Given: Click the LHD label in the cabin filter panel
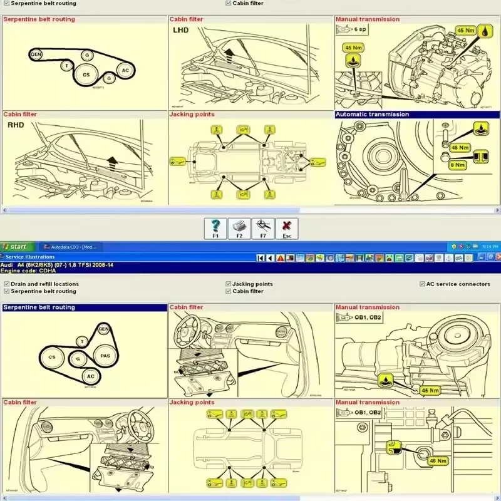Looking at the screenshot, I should (x=181, y=29).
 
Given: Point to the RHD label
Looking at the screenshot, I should (x=15, y=125).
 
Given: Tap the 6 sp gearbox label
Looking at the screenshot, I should (x=361, y=29).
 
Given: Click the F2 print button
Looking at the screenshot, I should (x=239, y=229).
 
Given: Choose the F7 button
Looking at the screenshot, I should (x=262, y=229).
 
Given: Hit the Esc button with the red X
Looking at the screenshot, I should (x=287, y=229).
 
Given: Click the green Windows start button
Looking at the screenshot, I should (x=14, y=247).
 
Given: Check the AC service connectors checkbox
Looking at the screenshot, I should (x=422, y=284).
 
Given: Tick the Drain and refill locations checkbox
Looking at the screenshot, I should (x=6, y=284).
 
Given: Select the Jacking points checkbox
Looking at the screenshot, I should (x=228, y=284).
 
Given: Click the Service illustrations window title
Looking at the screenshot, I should (x=29, y=257).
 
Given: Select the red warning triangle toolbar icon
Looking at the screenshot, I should (x=281, y=257).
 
